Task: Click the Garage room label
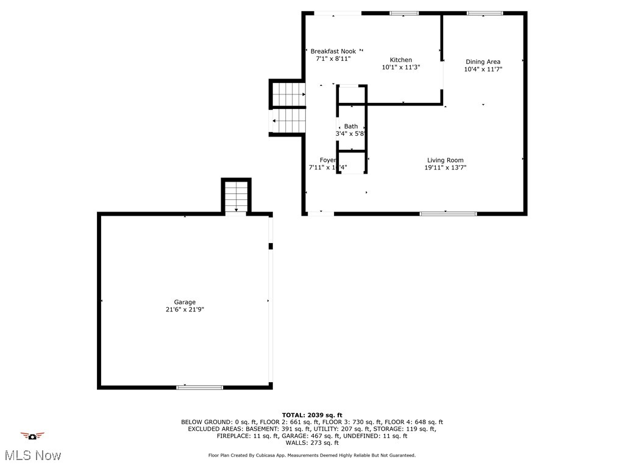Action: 185,302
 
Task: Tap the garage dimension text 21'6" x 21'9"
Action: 185,310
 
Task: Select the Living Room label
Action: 445,160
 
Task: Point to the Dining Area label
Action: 483,62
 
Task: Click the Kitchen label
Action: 401,60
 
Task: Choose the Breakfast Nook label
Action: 333,51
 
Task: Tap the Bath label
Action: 351,126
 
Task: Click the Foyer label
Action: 328,160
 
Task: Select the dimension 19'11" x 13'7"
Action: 445,168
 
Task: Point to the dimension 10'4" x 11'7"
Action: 483,69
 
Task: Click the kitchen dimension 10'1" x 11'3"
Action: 401,67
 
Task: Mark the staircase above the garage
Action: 236,196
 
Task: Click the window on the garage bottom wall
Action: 199,387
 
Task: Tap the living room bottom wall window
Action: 448,213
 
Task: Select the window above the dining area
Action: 485,13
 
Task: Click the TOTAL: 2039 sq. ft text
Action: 312,415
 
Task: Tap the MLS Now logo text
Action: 32,455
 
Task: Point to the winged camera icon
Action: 32,436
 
